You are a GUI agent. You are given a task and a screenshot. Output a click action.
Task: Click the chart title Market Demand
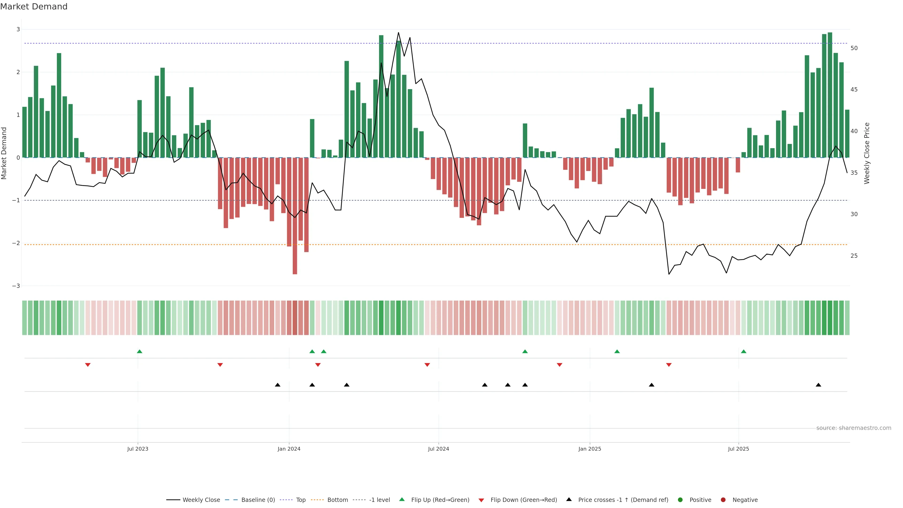coord(34,7)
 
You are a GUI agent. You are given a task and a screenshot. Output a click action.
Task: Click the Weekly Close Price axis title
coord(867,153)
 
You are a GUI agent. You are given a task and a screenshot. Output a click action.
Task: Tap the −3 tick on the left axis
coord(16,286)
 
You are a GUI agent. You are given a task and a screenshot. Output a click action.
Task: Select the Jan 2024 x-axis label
coord(289,449)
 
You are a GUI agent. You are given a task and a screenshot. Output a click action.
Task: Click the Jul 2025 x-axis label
coord(738,449)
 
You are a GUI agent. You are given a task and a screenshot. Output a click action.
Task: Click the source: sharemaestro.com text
coord(854,428)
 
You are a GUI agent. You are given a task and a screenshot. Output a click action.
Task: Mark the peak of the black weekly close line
coord(398,33)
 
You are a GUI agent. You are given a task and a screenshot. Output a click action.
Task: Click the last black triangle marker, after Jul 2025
coord(818,385)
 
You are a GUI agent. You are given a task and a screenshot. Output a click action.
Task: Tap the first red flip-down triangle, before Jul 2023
coord(88,365)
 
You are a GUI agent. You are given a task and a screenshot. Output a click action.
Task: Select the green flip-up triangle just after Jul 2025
coord(744,351)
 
